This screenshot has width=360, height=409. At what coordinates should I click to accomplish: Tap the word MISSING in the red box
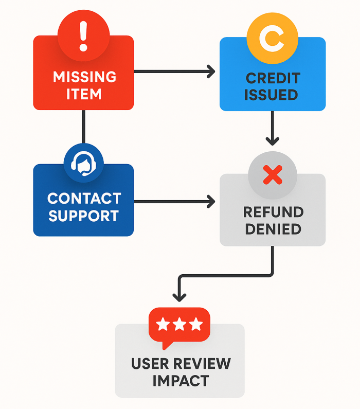tap(84, 77)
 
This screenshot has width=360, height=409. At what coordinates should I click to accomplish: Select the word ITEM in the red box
tap(84, 95)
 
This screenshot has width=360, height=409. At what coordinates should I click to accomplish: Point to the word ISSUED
tap(271, 95)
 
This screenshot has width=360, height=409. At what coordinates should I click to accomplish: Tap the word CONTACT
tap(84, 198)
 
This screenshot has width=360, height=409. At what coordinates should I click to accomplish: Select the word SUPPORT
tap(84, 216)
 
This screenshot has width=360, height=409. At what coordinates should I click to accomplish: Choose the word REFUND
tap(273, 211)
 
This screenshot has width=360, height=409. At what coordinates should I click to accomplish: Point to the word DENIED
tap(273, 229)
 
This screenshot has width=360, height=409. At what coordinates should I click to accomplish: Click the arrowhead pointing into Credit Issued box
tap(211, 72)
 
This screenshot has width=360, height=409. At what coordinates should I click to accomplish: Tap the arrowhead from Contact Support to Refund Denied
tap(211, 201)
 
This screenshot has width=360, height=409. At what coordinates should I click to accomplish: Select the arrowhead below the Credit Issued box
tap(273, 140)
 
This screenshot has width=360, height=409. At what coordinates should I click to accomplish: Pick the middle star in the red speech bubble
tap(179, 325)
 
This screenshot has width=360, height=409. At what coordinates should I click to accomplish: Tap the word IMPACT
tap(180, 381)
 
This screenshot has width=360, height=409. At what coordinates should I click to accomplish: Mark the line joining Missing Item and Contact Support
tap(83, 126)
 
